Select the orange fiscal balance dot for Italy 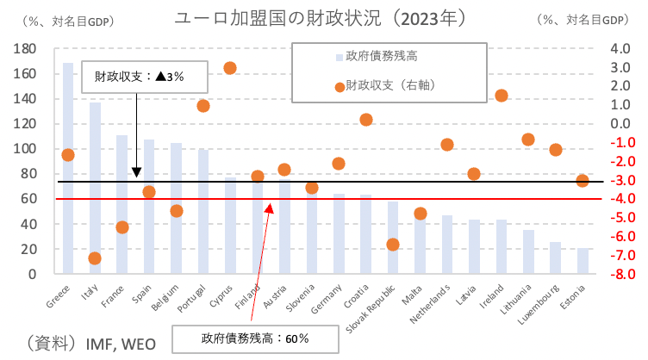95,258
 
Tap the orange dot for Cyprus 230,68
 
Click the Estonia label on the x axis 576,298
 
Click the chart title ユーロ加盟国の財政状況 320,17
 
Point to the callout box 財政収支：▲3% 139,76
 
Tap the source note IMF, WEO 121,344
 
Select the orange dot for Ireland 502,96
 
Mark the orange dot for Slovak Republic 393,245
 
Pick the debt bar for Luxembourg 555,258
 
